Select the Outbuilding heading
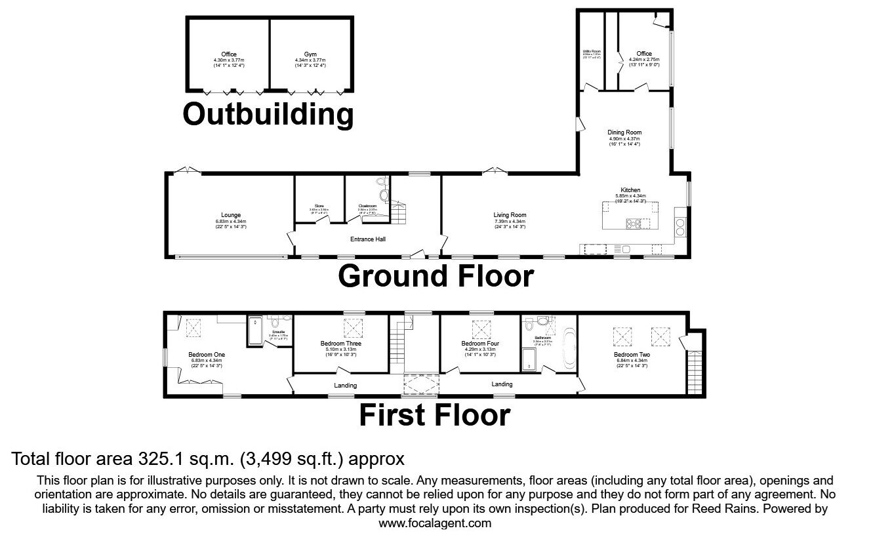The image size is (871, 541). (268, 114)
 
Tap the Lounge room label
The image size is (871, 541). (231, 215)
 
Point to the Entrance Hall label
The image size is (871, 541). (371, 239)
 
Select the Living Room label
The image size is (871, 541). (510, 215)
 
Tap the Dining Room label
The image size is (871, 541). (624, 132)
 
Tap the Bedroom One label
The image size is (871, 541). (206, 354)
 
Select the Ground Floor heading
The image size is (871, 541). (436, 276)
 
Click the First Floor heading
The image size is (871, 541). (435, 415)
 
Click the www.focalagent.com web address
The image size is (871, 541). (435, 523)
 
